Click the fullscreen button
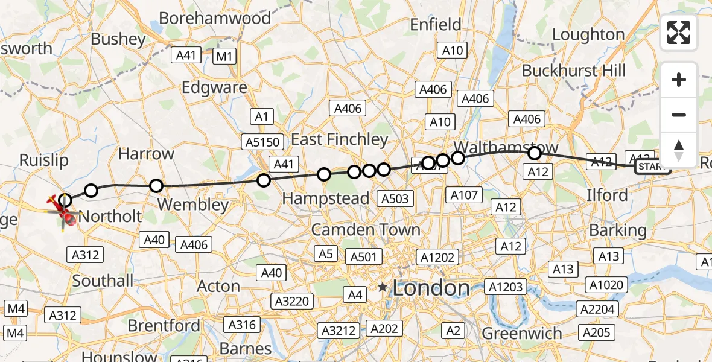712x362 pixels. point(679,33)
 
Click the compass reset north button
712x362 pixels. point(679,150)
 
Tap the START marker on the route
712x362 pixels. point(652,167)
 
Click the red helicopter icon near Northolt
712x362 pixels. point(62,208)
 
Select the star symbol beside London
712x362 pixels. point(383,288)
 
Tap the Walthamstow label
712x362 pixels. point(506,148)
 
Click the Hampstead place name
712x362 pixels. point(326,198)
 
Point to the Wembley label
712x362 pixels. point(193,205)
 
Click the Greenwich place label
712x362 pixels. point(522,334)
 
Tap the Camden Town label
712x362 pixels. point(366,230)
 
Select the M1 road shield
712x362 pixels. point(224,57)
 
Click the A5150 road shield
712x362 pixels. point(262,142)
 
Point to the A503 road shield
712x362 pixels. point(395,198)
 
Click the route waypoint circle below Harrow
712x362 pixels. point(156,185)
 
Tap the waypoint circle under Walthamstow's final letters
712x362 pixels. point(534,154)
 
